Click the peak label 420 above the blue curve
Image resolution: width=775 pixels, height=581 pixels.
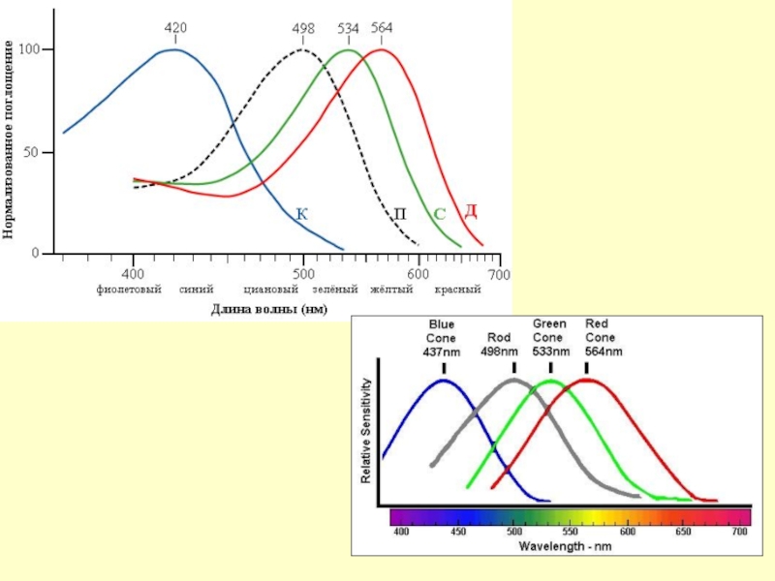click(x=175, y=28)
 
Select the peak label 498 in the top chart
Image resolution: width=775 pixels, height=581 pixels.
click(x=303, y=29)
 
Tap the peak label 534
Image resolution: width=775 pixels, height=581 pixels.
click(x=349, y=29)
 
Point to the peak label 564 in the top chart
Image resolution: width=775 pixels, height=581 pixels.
click(x=382, y=29)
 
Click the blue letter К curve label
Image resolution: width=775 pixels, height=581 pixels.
click(x=302, y=213)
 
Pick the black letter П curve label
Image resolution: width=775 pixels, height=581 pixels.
click(x=399, y=213)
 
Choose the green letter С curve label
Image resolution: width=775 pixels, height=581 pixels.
click(x=439, y=213)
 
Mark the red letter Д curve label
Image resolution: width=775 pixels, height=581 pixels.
click(x=470, y=210)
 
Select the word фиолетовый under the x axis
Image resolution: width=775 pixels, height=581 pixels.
click(x=128, y=290)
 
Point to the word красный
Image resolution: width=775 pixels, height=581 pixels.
click(x=458, y=290)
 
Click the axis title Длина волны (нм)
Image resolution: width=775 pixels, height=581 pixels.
click(x=269, y=309)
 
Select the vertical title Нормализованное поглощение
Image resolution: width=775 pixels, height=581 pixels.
click(x=10, y=140)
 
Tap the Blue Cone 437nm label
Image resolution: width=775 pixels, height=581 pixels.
click(x=443, y=338)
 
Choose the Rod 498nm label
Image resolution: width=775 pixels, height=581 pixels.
click(x=499, y=345)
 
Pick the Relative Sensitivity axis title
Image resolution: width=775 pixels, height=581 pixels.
click(x=367, y=433)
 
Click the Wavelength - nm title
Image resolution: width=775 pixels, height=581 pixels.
click(x=566, y=546)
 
